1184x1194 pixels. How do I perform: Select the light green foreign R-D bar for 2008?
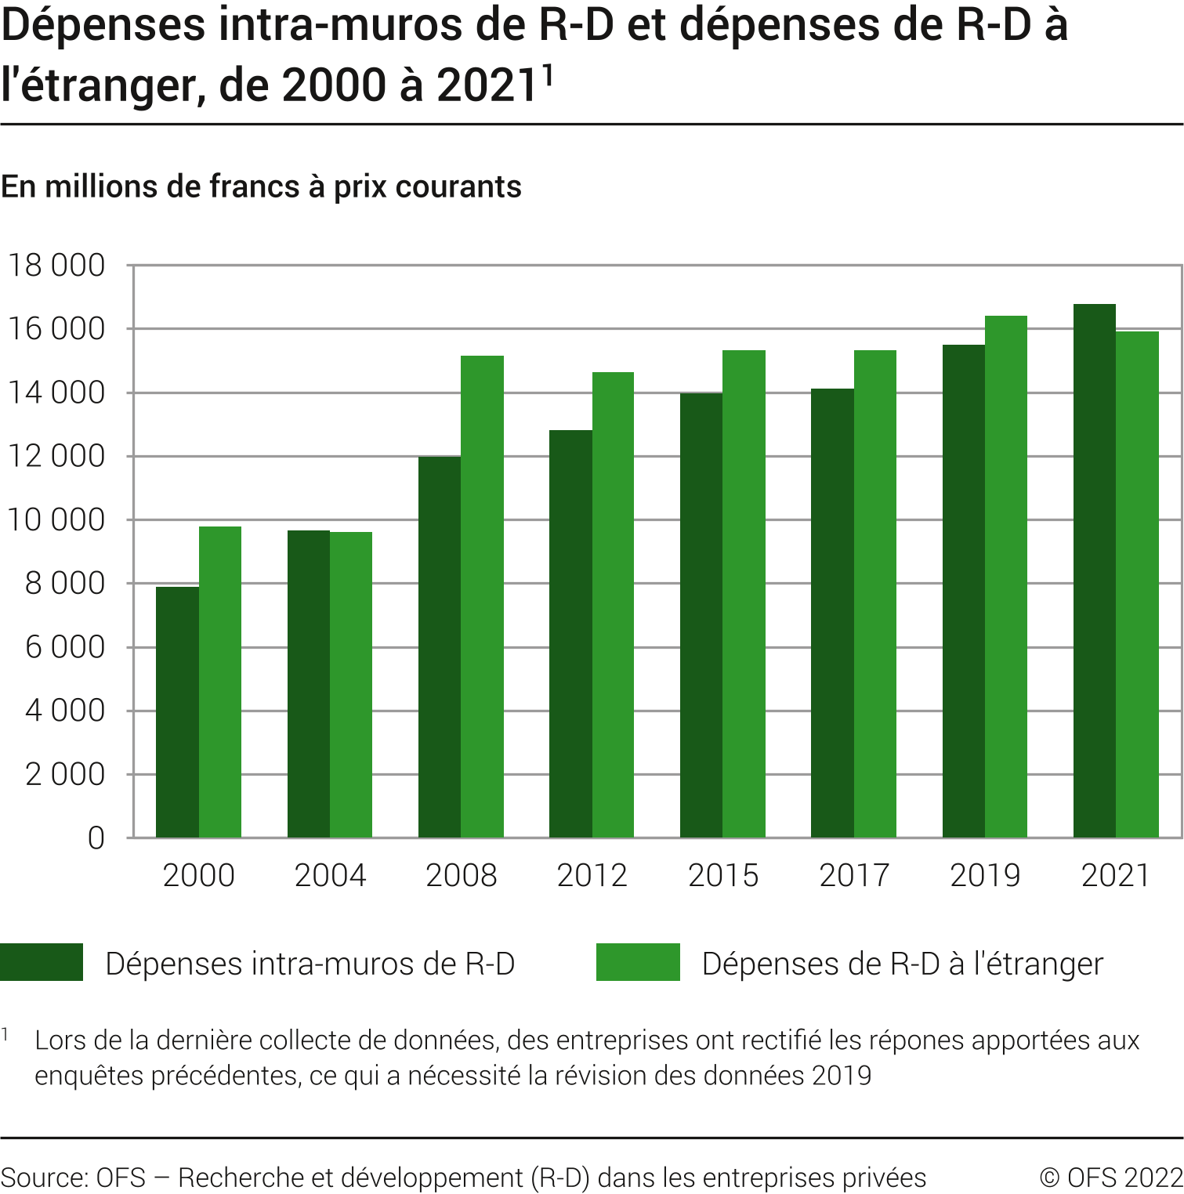482,596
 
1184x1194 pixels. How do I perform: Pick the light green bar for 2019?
1005,577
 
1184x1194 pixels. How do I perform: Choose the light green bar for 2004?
351,685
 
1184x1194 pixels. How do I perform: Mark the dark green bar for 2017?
832,613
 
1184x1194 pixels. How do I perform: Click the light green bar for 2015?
744,594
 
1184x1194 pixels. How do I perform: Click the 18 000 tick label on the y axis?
56,266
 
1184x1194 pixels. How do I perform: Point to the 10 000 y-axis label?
56,520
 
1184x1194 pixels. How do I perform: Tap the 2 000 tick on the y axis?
65,774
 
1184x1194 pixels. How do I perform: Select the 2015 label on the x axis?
723,875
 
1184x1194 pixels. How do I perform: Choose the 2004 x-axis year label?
330,875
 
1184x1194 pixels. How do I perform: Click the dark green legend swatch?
42,962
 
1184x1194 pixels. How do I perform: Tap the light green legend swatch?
638,962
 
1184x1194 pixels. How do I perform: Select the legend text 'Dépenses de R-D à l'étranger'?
902,964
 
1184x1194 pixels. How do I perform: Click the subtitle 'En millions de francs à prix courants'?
261,186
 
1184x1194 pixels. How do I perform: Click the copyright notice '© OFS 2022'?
1110,1177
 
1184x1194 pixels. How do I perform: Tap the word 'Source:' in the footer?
45,1177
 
